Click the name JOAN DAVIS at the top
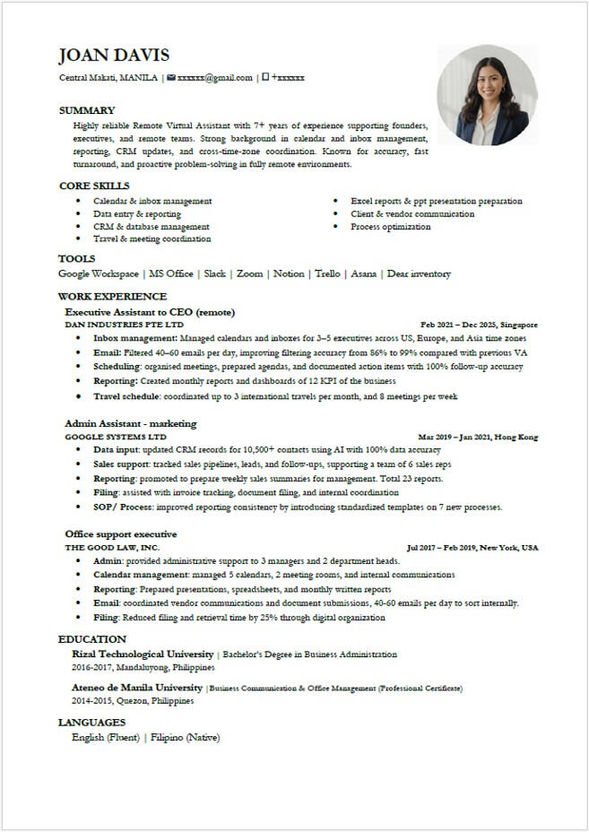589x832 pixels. (114, 56)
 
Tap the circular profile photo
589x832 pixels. (487, 95)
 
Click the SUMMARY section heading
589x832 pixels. (87, 110)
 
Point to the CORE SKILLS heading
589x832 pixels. (94, 186)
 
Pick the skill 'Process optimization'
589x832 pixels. (390, 227)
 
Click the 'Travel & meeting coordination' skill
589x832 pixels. (152, 239)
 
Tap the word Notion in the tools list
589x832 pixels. (289, 273)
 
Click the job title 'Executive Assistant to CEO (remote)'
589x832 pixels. (150, 312)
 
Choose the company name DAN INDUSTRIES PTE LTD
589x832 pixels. (124, 325)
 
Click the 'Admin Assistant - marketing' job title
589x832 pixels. (130, 423)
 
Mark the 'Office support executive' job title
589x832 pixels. (120, 534)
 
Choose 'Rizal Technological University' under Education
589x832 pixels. (143, 654)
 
